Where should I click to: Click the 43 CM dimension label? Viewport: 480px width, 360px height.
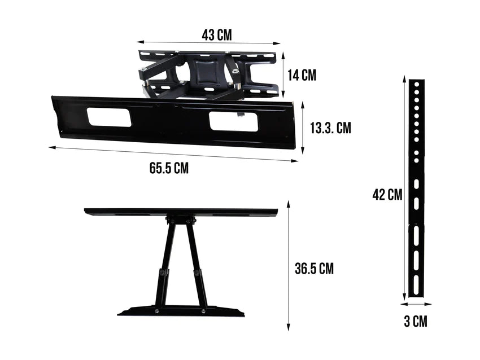(x=216, y=35)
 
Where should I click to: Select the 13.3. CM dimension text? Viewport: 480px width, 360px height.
(x=330, y=128)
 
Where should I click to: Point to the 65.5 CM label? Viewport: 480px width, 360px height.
(x=169, y=168)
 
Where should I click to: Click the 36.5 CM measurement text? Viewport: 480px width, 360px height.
(x=314, y=269)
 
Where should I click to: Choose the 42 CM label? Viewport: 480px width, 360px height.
(x=387, y=195)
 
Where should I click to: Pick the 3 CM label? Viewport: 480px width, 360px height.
(x=415, y=322)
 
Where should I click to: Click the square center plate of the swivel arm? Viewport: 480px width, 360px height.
(x=206, y=73)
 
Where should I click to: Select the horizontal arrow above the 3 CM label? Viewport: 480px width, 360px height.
(x=416, y=304)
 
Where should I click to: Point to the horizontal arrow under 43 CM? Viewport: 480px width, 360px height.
(x=208, y=42)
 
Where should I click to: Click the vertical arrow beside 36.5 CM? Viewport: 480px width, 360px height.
(x=288, y=265)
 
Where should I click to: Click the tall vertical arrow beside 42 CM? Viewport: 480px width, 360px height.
(x=404, y=188)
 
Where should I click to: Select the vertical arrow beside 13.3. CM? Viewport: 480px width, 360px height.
(x=303, y=128)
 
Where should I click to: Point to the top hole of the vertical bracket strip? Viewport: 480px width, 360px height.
(x=417, y=84)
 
